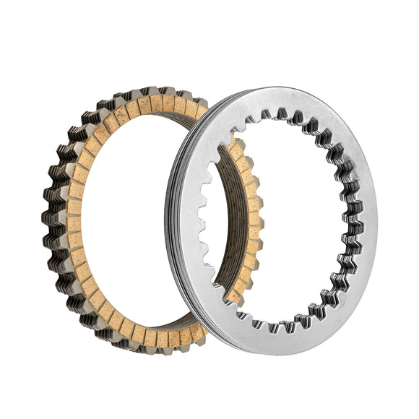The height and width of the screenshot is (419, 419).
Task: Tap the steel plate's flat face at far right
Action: [x=366, y=217]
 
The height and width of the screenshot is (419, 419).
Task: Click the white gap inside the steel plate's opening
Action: [x=289, y=217]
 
